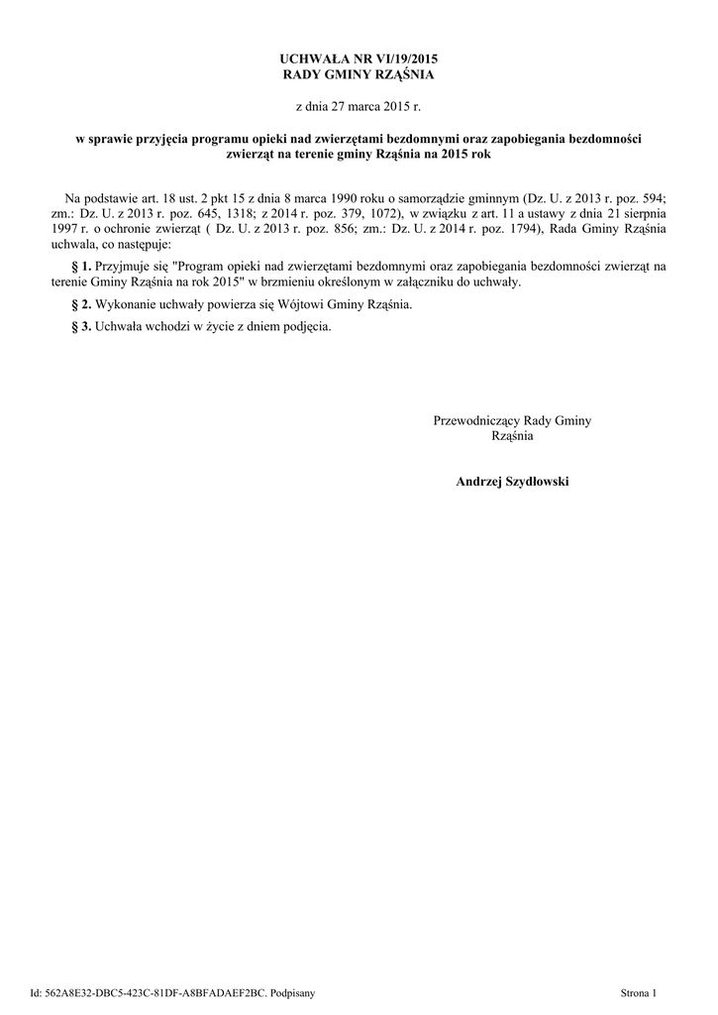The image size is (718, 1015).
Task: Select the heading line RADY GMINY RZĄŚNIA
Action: [x=359, y=75]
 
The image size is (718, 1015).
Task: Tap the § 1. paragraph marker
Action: [x=83, y=267]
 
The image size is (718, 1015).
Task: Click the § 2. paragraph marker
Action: [x=83, y=304]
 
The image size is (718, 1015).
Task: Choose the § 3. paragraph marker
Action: [x=83, y=326]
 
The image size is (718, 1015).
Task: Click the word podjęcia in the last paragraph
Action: [x=304, y=326]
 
